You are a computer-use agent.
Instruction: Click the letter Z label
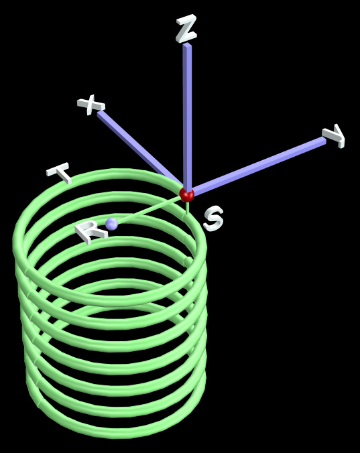click(186, 29)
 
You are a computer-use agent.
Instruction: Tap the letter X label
click(91, 105)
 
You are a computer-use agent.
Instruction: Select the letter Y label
click(335, 135)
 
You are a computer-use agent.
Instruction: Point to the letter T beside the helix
click(60, 172)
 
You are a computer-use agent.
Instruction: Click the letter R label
click(90, 231)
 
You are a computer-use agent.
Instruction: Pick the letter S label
click(213, 218)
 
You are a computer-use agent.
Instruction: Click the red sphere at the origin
click(186, 194)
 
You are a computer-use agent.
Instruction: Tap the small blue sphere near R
click(112, 224)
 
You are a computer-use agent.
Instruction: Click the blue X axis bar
click(141, 148)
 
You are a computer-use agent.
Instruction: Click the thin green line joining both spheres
click(149, 210)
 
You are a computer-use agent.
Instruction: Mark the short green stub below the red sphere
click(188, 208)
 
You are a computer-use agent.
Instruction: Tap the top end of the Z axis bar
click(187, 44)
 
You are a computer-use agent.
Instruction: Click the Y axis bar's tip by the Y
click(324, 141)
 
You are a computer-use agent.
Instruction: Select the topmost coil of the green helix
click(110, 172)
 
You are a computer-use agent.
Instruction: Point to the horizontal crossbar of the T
click(58, 168)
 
